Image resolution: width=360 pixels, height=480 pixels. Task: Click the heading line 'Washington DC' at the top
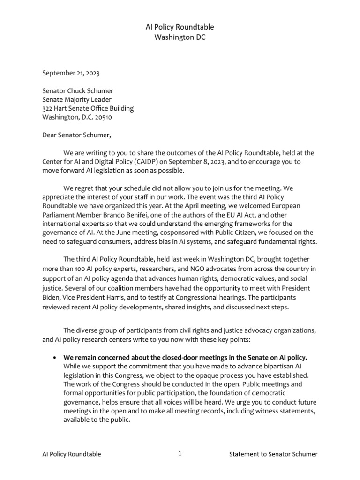(180, 37)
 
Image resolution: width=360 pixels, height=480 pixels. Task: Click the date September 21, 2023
(71, 73)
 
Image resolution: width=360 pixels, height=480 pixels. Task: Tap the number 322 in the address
(48, 108)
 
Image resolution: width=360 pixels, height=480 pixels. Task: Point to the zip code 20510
(102, 117)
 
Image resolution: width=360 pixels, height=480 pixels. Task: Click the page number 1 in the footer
(180, 453)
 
